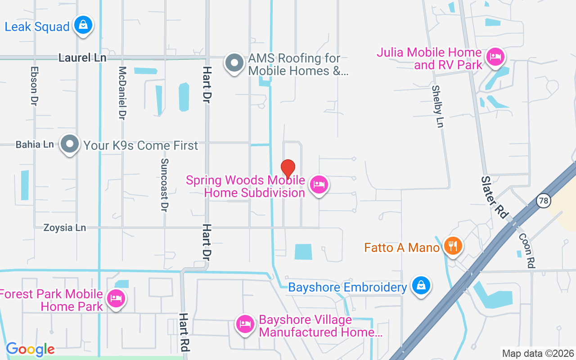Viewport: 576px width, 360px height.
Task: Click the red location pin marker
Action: [288, 169]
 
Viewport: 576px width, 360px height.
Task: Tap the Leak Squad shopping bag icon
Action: [83, 25]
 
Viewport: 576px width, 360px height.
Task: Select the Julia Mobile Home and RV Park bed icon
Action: [495, 57]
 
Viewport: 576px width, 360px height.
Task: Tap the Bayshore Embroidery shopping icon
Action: [421, 285]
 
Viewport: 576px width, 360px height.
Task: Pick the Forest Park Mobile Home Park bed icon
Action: [116, 298]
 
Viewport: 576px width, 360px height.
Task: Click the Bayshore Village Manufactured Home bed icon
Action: [245, 324]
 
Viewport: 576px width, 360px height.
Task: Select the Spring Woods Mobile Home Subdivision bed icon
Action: [319, 184]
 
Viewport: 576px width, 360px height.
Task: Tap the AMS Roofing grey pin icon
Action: [234, 63]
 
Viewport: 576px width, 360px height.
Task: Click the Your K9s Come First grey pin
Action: [70, 144]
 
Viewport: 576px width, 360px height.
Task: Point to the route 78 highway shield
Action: [544, 201]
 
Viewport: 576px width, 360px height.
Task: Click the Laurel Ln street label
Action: [82, 58]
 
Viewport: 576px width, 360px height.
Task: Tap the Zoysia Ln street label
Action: [64, 228]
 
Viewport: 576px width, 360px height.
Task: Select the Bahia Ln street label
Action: [35, 145]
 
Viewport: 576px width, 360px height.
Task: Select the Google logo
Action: [30, 349]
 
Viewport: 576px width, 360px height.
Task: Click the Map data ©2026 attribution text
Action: [538, 353]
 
